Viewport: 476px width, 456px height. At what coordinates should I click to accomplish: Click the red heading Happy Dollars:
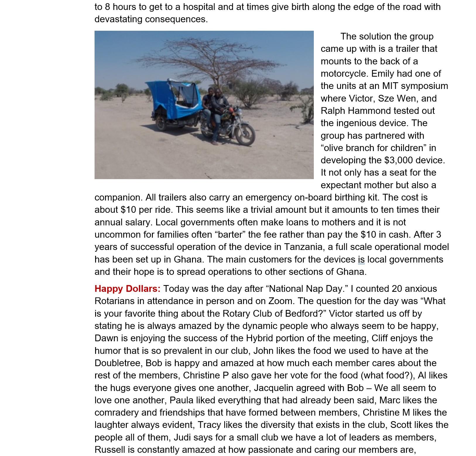coord(127,289)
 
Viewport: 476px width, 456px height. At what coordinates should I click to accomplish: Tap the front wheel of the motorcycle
coord(245,134)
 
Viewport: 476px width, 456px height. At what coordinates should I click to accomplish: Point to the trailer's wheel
coord(161,122)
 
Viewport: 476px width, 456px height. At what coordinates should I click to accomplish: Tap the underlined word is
coord(361,259)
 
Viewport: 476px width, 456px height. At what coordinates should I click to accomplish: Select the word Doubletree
coord(119,363)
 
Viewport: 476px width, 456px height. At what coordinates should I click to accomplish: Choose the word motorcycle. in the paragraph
coord(343,73)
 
